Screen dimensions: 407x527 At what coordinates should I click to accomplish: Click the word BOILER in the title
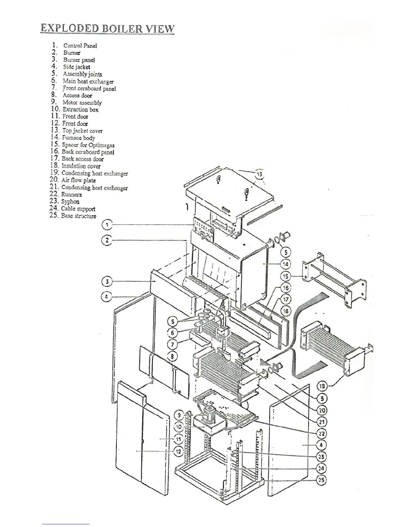[x=122, y=29]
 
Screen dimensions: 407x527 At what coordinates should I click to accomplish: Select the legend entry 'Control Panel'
[x=80, y=46]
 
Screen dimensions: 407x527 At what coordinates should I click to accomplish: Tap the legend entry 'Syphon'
[x=70, y=201]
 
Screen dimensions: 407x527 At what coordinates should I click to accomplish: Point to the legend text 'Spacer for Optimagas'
[x=88, y=145]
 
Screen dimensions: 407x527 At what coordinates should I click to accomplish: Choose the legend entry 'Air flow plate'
[x=78, y=180]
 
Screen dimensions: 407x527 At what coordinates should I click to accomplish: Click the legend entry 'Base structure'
[x=78, y=216]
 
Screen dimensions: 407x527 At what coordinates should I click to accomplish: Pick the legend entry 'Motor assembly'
[x=82, y=102]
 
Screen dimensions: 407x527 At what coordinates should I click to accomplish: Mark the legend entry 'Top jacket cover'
[x=82, y=131]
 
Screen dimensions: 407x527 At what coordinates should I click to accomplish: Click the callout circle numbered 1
[x=107, y=225]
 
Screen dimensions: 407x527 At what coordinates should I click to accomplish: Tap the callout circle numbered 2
[x=107, y=240]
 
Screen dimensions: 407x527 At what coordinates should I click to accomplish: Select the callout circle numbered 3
[x=107, y=282]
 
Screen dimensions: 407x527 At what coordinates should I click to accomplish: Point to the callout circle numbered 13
[x=259, y=174]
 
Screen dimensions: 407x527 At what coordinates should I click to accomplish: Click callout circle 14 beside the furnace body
[x=286, y=264]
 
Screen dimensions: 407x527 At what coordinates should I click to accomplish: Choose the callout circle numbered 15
[x=286, y=276]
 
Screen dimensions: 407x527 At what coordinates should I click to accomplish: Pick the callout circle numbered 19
[x=322, y=386]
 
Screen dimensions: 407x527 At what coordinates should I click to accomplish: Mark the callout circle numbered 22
[x=322, y=434]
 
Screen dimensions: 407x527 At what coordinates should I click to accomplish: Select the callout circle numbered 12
[x=179, y=451]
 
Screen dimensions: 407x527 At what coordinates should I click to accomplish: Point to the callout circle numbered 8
[x=172, y=356]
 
